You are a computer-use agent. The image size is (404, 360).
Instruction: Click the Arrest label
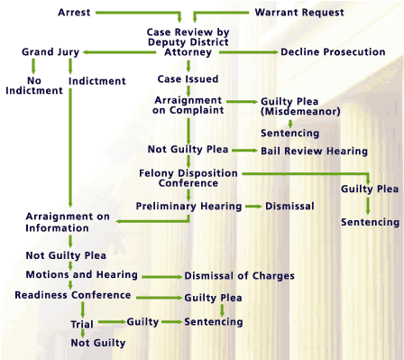pos(73,14)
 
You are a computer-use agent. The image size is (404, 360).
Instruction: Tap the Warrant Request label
pos(299,14)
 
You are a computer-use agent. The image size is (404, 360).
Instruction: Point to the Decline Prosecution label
pos(333,52)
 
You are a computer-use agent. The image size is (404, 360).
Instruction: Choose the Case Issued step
pos(188,78)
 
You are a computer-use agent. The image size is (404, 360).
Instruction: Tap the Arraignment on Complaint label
pos(188,105)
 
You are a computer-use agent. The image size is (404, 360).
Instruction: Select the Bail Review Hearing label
pos(314,151)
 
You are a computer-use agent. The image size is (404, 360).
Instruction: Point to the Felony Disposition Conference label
pos(188,177)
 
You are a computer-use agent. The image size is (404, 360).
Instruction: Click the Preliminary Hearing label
pos(188,207)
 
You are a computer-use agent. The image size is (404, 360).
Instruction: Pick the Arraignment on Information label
pos(68,223)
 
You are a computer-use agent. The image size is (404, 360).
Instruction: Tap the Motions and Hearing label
pos(81,274)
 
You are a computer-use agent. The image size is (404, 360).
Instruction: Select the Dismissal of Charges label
pos(239,276)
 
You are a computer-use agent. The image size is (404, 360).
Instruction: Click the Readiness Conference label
pos(73,295)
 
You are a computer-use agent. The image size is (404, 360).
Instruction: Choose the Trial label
pos(82,322)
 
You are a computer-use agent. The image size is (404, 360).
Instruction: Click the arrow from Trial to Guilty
pos(111,321)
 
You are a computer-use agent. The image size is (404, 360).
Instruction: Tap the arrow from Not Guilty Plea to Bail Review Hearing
pos(244,151)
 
